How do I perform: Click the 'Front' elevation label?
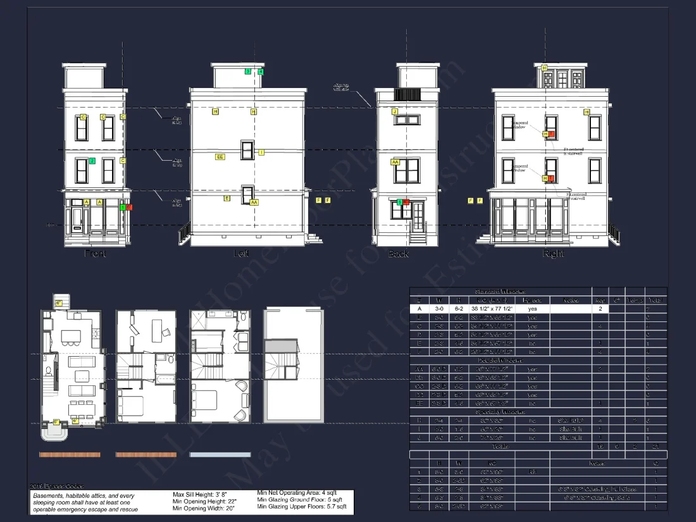coord(95,253)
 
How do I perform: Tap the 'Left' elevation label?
coord(241,253)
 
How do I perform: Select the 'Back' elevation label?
coord(398,254)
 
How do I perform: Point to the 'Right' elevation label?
coord(553,253)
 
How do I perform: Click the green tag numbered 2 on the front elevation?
coord(92,161)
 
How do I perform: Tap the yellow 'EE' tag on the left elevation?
coord(220,156)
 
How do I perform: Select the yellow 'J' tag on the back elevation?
coord(395,111)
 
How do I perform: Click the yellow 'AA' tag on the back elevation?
coord(395,162)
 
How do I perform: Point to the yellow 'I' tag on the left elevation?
coord(261,152)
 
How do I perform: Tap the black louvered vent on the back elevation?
coord(407,94)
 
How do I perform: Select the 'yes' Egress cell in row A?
coord(532,309)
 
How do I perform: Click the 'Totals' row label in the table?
coord(499,446)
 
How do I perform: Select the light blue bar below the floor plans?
coord(220,454)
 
